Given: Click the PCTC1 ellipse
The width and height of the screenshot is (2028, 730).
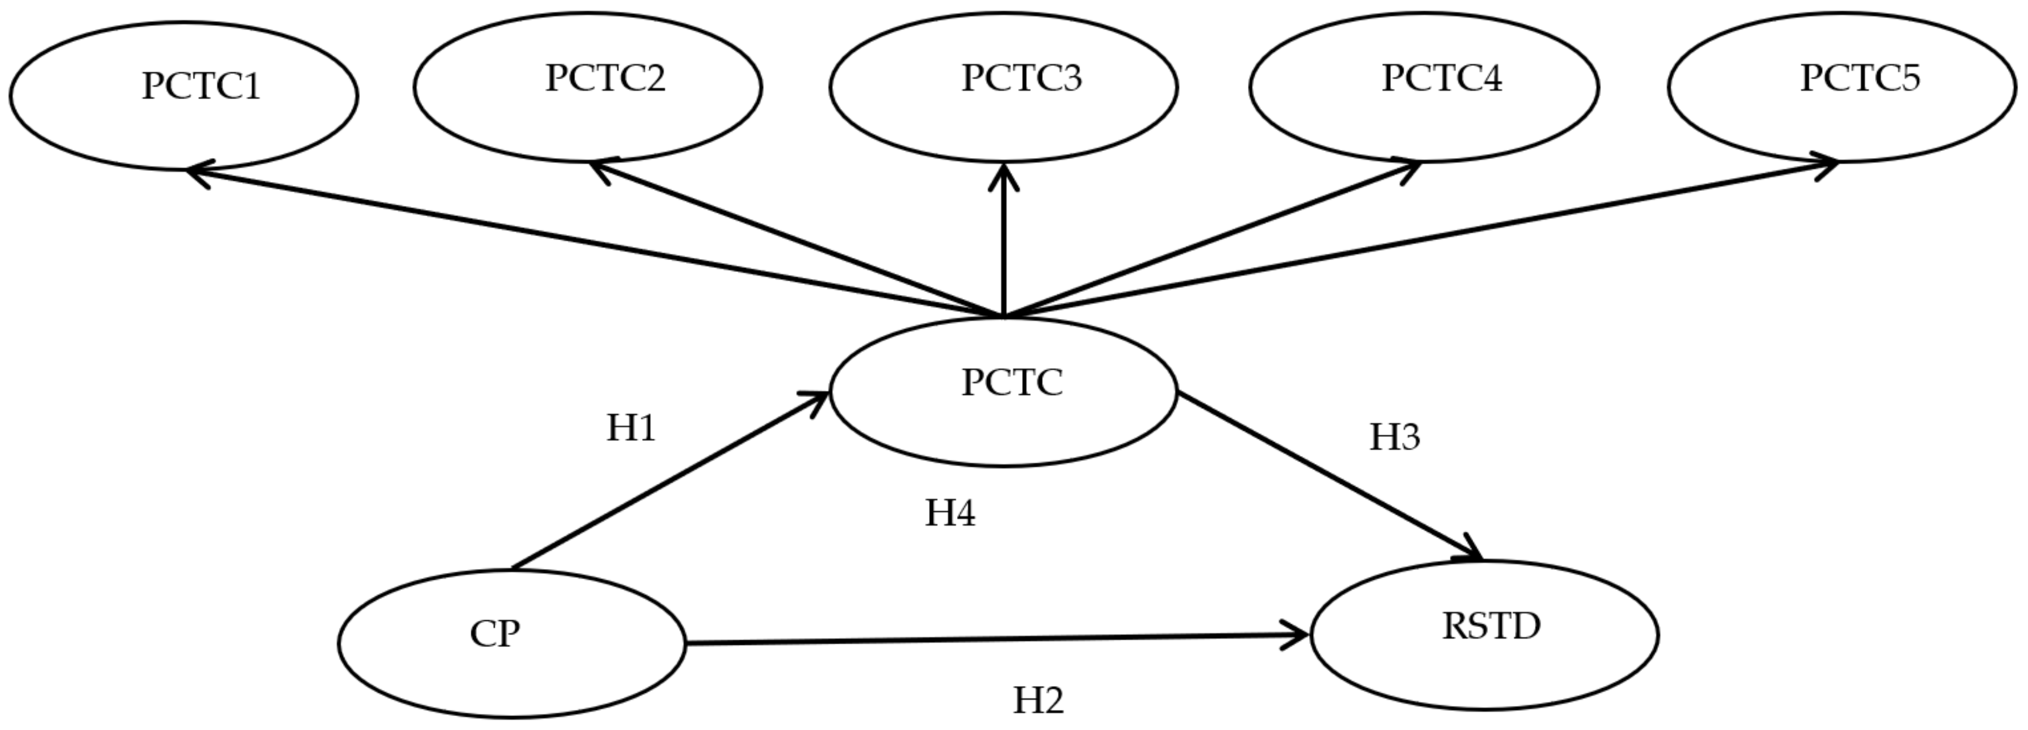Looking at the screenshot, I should click(x=184, y=95).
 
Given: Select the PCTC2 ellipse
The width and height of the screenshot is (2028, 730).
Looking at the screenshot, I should click(x=588, y=87).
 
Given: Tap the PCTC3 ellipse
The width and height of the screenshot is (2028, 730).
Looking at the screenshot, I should click(x=1004, y=87).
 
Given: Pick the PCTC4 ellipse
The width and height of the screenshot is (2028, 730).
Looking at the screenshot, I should click(x=1423, y=87).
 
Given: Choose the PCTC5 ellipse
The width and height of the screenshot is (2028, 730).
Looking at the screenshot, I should click(x=1842, y=87).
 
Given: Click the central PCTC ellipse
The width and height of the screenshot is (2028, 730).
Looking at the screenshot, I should click(x=1004, y=391).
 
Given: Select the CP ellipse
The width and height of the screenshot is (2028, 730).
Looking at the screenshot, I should click(x=512, y=643).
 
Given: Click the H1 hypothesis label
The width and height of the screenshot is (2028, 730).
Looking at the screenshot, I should click(x=630, y=428).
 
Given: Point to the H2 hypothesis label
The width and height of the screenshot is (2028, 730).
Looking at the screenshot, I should click(x=1038, y=700).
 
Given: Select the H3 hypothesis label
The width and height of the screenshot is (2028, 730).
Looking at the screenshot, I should click(x=1394, y=437).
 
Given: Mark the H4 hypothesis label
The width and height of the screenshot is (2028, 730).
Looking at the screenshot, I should click(x=949, y=513).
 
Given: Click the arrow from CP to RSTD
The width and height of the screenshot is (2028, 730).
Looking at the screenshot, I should click(x=992, y=639).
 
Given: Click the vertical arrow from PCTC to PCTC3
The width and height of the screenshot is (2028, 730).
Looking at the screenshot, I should click(x=1004, y=244).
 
